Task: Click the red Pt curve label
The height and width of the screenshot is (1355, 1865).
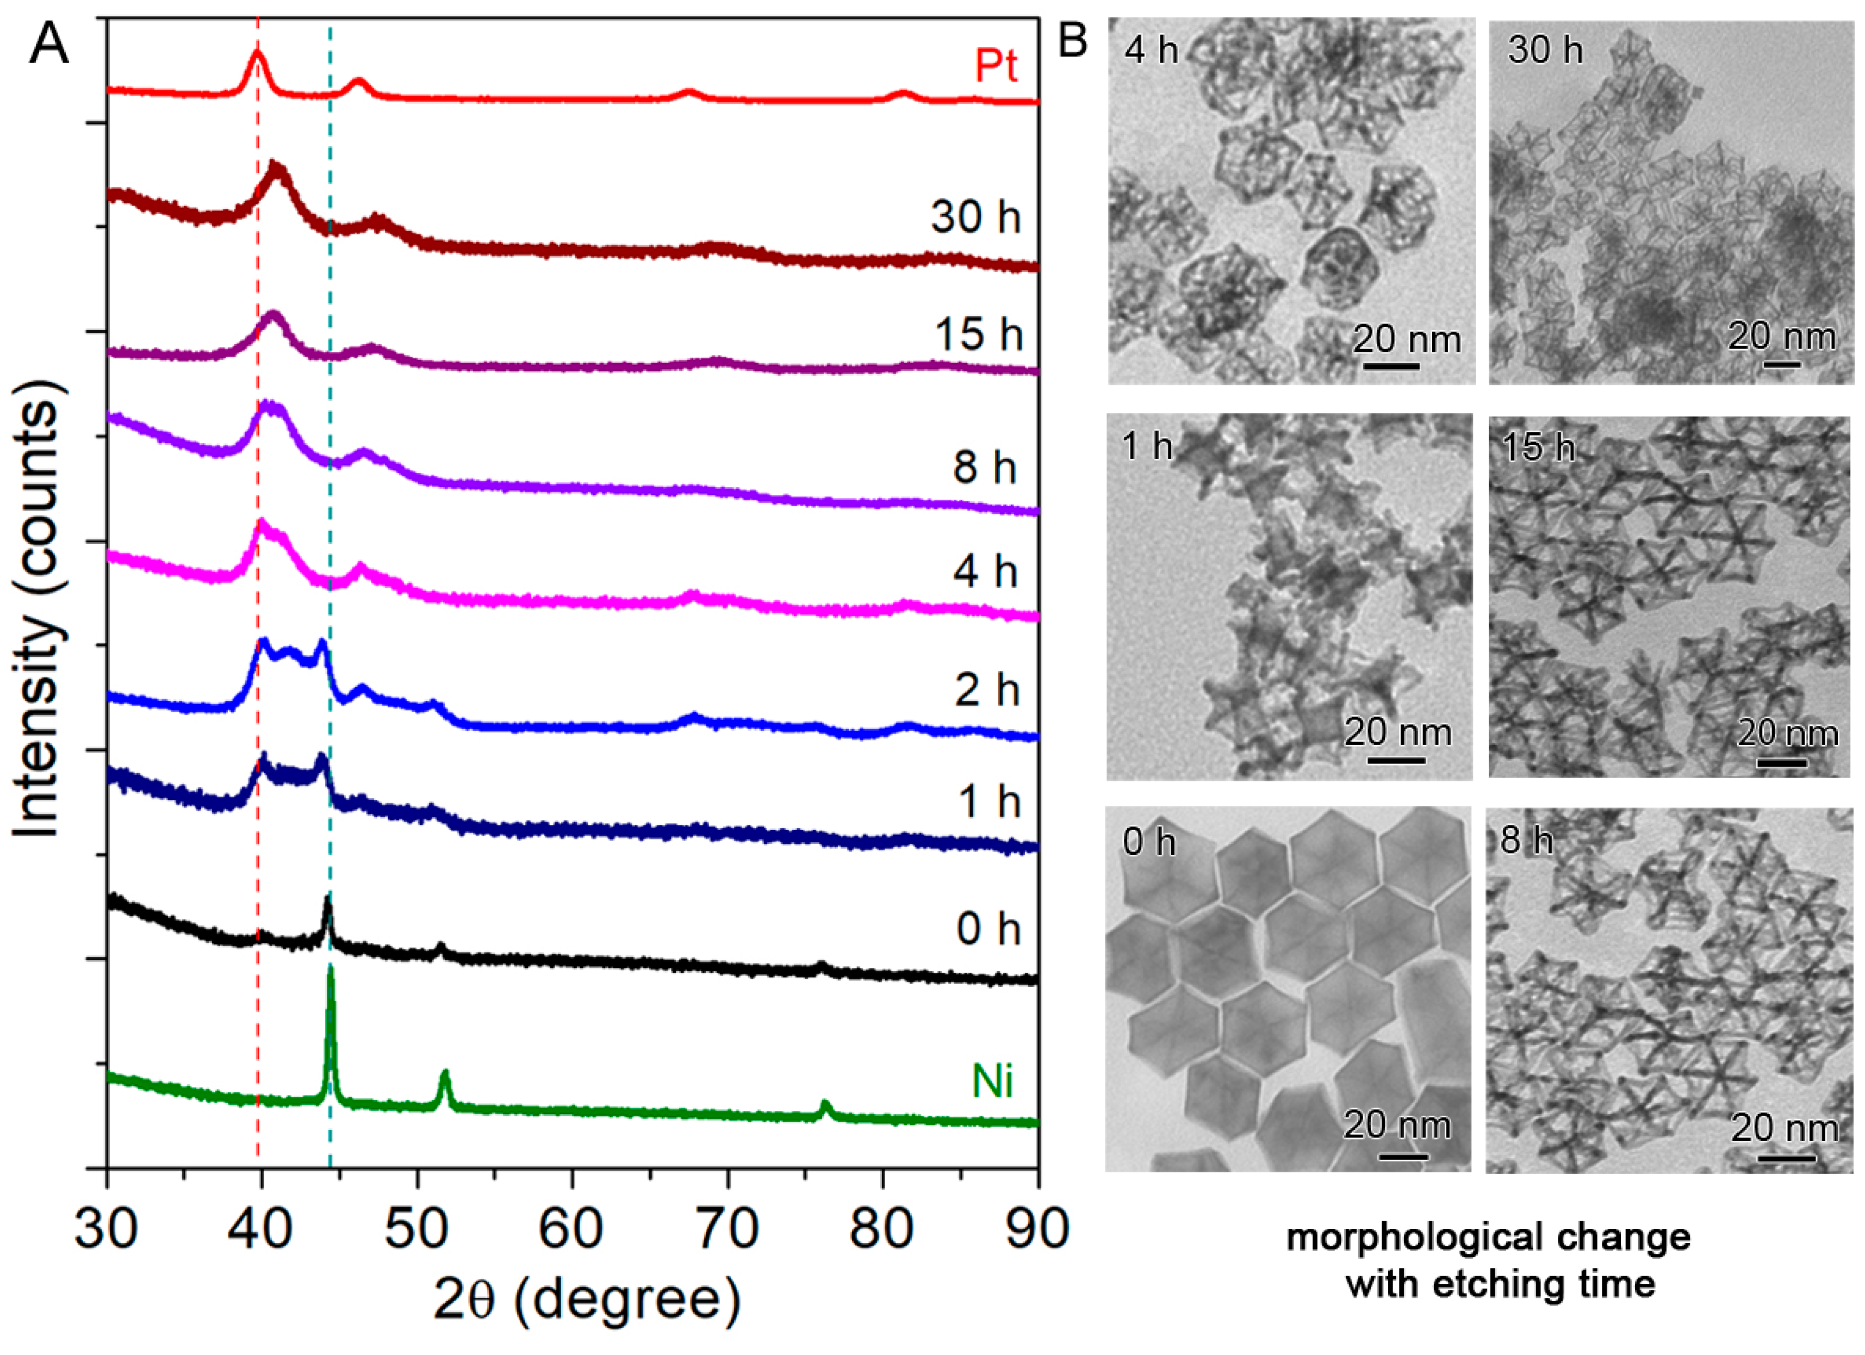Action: [x=996, y=66]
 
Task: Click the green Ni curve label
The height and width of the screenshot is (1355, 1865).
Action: [x=992, y=1080]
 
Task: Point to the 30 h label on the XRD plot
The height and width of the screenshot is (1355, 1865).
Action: [x=976, y=217]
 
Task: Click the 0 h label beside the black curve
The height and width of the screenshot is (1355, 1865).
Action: [x=987, y=929]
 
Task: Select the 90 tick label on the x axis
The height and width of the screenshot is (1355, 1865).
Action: [x=1038, y=1228]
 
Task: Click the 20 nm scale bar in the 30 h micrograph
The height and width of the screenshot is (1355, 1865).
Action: [x=1781, y=363]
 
